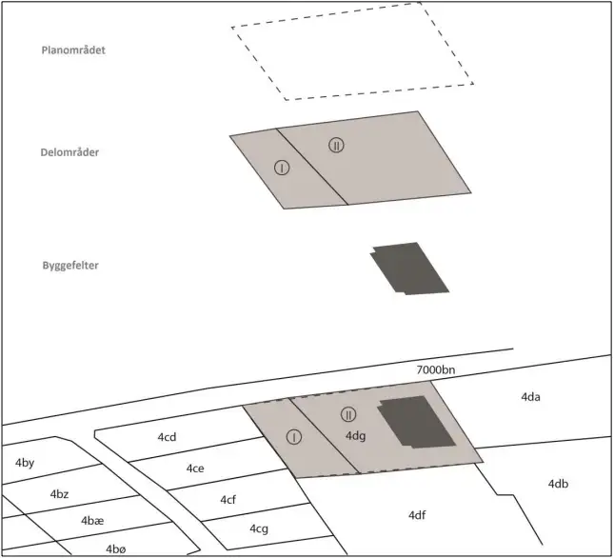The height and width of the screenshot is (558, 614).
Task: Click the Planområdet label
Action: pos(73,50)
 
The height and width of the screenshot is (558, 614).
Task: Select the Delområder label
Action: pos(69,152)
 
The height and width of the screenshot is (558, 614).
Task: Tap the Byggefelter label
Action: pos(70,266)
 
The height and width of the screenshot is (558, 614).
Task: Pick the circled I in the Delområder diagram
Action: pos(282,168)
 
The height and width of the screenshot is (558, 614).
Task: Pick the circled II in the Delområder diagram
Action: pos(336,146)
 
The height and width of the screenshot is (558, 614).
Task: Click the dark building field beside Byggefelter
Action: pos(409,269)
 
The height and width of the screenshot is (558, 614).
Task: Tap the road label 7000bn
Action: pos(435,369)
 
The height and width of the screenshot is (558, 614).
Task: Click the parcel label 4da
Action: pos(530,397)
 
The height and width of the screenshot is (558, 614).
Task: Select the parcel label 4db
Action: pos(558,484)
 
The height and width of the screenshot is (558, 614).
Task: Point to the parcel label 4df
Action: pos(417,515)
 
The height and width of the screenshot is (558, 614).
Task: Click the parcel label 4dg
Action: pos(356,436)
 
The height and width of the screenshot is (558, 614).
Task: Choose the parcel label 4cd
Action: pos(167,437)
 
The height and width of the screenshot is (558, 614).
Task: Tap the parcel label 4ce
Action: pos(195,468)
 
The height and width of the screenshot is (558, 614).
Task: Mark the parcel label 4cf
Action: pos(228,500)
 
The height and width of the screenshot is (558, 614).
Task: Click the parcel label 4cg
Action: pos(259,529)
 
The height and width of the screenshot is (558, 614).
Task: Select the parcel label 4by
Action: pos(25,463)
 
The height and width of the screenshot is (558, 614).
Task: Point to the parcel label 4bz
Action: pos(59,494)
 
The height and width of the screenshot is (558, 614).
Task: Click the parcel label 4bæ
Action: pos(92,521)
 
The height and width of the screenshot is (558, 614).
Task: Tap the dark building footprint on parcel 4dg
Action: pos(417,422)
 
